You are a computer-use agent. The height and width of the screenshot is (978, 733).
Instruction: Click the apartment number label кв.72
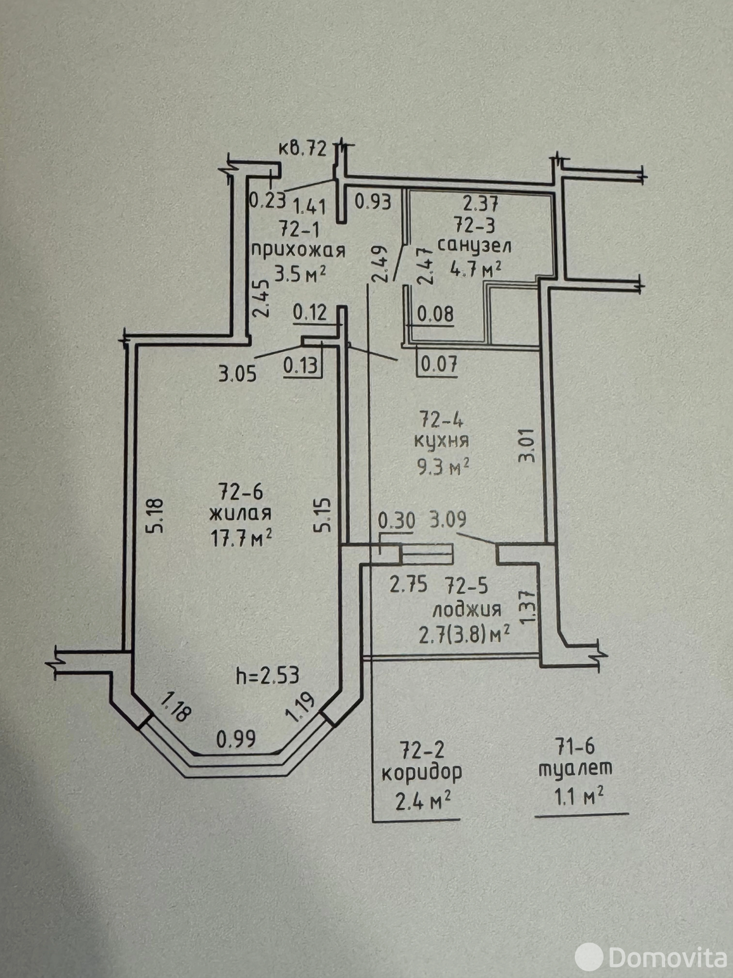(x=302, y=149)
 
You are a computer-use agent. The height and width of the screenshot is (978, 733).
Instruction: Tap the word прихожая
(x=298, y=250)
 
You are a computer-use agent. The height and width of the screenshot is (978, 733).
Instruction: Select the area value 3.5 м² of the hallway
(x=299, y=273)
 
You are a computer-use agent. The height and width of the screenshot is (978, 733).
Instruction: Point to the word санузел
(x=475, y=246)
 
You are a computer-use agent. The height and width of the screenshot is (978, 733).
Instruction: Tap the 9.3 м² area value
(x=443, y=468)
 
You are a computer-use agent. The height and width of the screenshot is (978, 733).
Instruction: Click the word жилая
(x=241, y=513)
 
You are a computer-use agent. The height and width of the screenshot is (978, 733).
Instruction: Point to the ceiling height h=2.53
(x=268, y=675)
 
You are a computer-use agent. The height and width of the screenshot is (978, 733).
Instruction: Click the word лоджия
(x=467, y=610)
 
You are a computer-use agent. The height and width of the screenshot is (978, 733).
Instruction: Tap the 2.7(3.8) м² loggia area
(x=464, y=635)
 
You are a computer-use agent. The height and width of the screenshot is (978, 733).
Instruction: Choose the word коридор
(x=421, y=773)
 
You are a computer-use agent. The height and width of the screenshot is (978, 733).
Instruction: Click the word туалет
(x=575, y=769)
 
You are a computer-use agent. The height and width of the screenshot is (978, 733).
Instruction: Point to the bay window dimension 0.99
(x=236, y=739)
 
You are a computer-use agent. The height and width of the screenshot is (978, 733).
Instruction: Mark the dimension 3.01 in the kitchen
(x=527, y=445)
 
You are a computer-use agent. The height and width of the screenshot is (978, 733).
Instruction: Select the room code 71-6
(x=575, y=746)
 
